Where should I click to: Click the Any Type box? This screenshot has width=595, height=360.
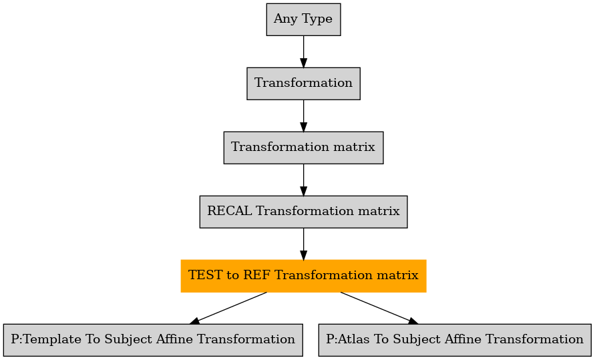pos(303,20)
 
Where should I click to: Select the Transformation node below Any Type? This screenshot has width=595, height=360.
pos(303,84)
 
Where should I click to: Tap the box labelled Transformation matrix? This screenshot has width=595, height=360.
pos(303,148)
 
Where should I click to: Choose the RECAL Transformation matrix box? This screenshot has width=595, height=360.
pos(303,212)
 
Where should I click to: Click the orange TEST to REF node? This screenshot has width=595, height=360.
pos(303,276)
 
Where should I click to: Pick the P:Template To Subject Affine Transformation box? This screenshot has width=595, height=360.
pos(153,340)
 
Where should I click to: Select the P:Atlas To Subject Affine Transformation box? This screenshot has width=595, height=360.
pos(455,340)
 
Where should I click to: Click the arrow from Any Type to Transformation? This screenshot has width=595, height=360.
pos(303,52)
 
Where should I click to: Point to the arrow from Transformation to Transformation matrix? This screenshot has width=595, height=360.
pos(303,116)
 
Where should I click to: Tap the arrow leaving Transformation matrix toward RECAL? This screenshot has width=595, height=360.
pos(303,180)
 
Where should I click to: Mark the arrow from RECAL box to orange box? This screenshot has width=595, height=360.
pos(303,244)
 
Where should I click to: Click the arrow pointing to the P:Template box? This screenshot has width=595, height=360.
pos(228,308)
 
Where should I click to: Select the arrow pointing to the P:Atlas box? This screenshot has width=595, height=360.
pos(379,308)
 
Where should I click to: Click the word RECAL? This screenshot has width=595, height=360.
pos(229,211)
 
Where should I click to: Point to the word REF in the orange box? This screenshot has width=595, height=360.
pos(256,275)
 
